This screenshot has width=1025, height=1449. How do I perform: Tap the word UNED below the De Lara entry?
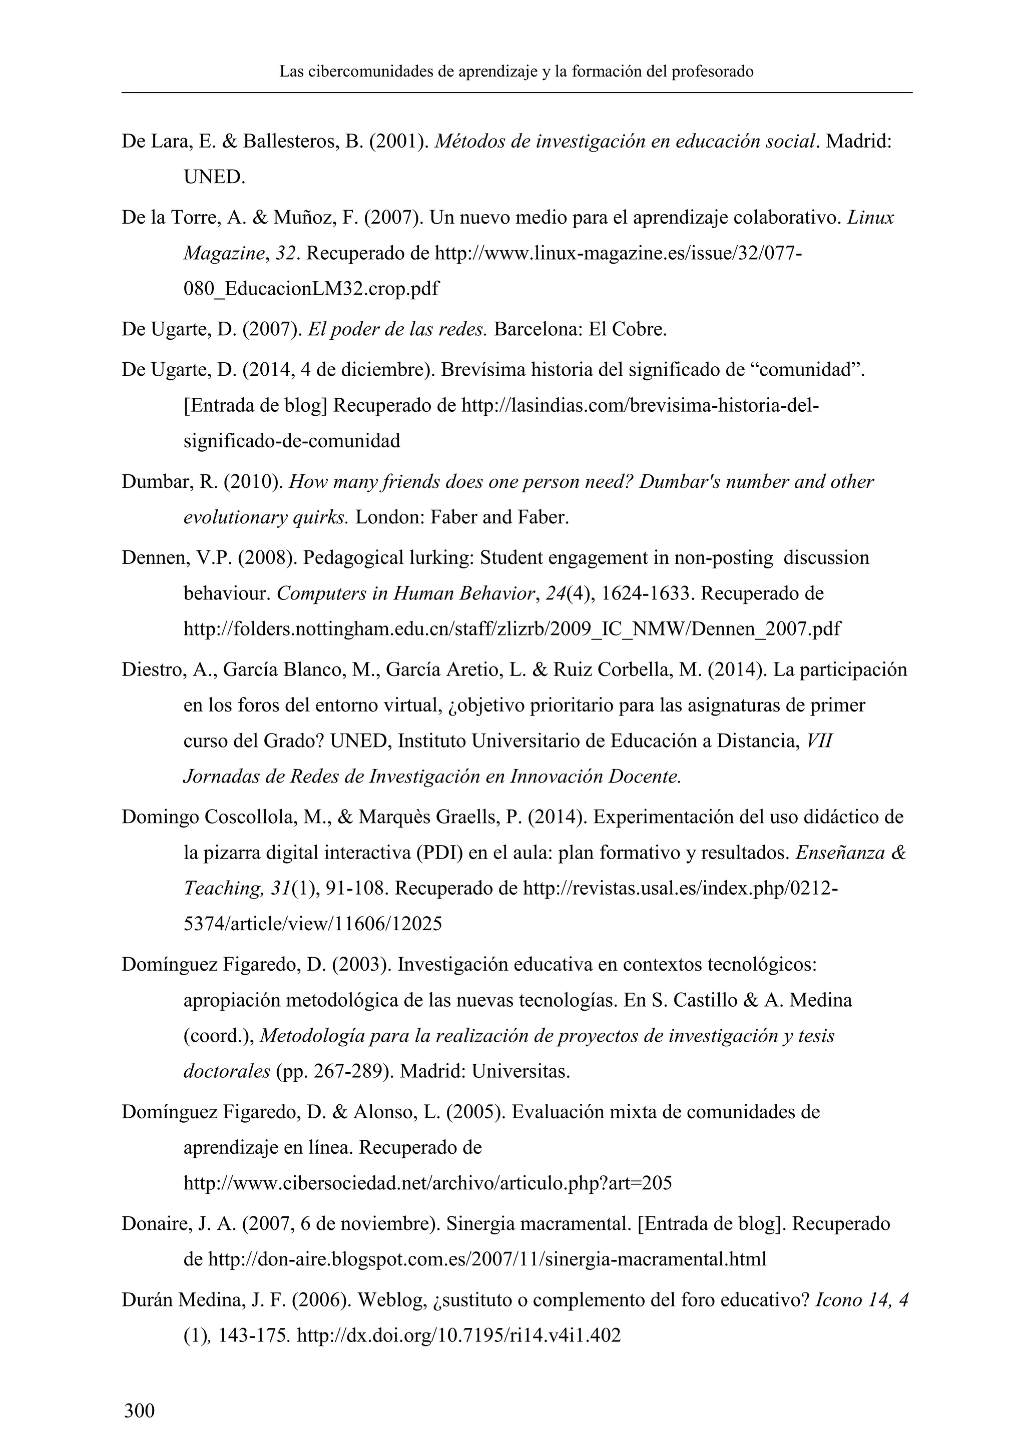213,177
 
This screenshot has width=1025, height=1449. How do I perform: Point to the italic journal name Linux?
870,218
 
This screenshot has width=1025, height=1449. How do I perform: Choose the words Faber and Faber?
499,517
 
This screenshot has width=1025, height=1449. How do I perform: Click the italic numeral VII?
820,741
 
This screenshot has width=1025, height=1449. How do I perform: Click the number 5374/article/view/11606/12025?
312,924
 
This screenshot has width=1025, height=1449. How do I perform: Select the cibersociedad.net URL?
427,1183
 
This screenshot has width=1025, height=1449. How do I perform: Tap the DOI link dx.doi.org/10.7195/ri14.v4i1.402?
459,1335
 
